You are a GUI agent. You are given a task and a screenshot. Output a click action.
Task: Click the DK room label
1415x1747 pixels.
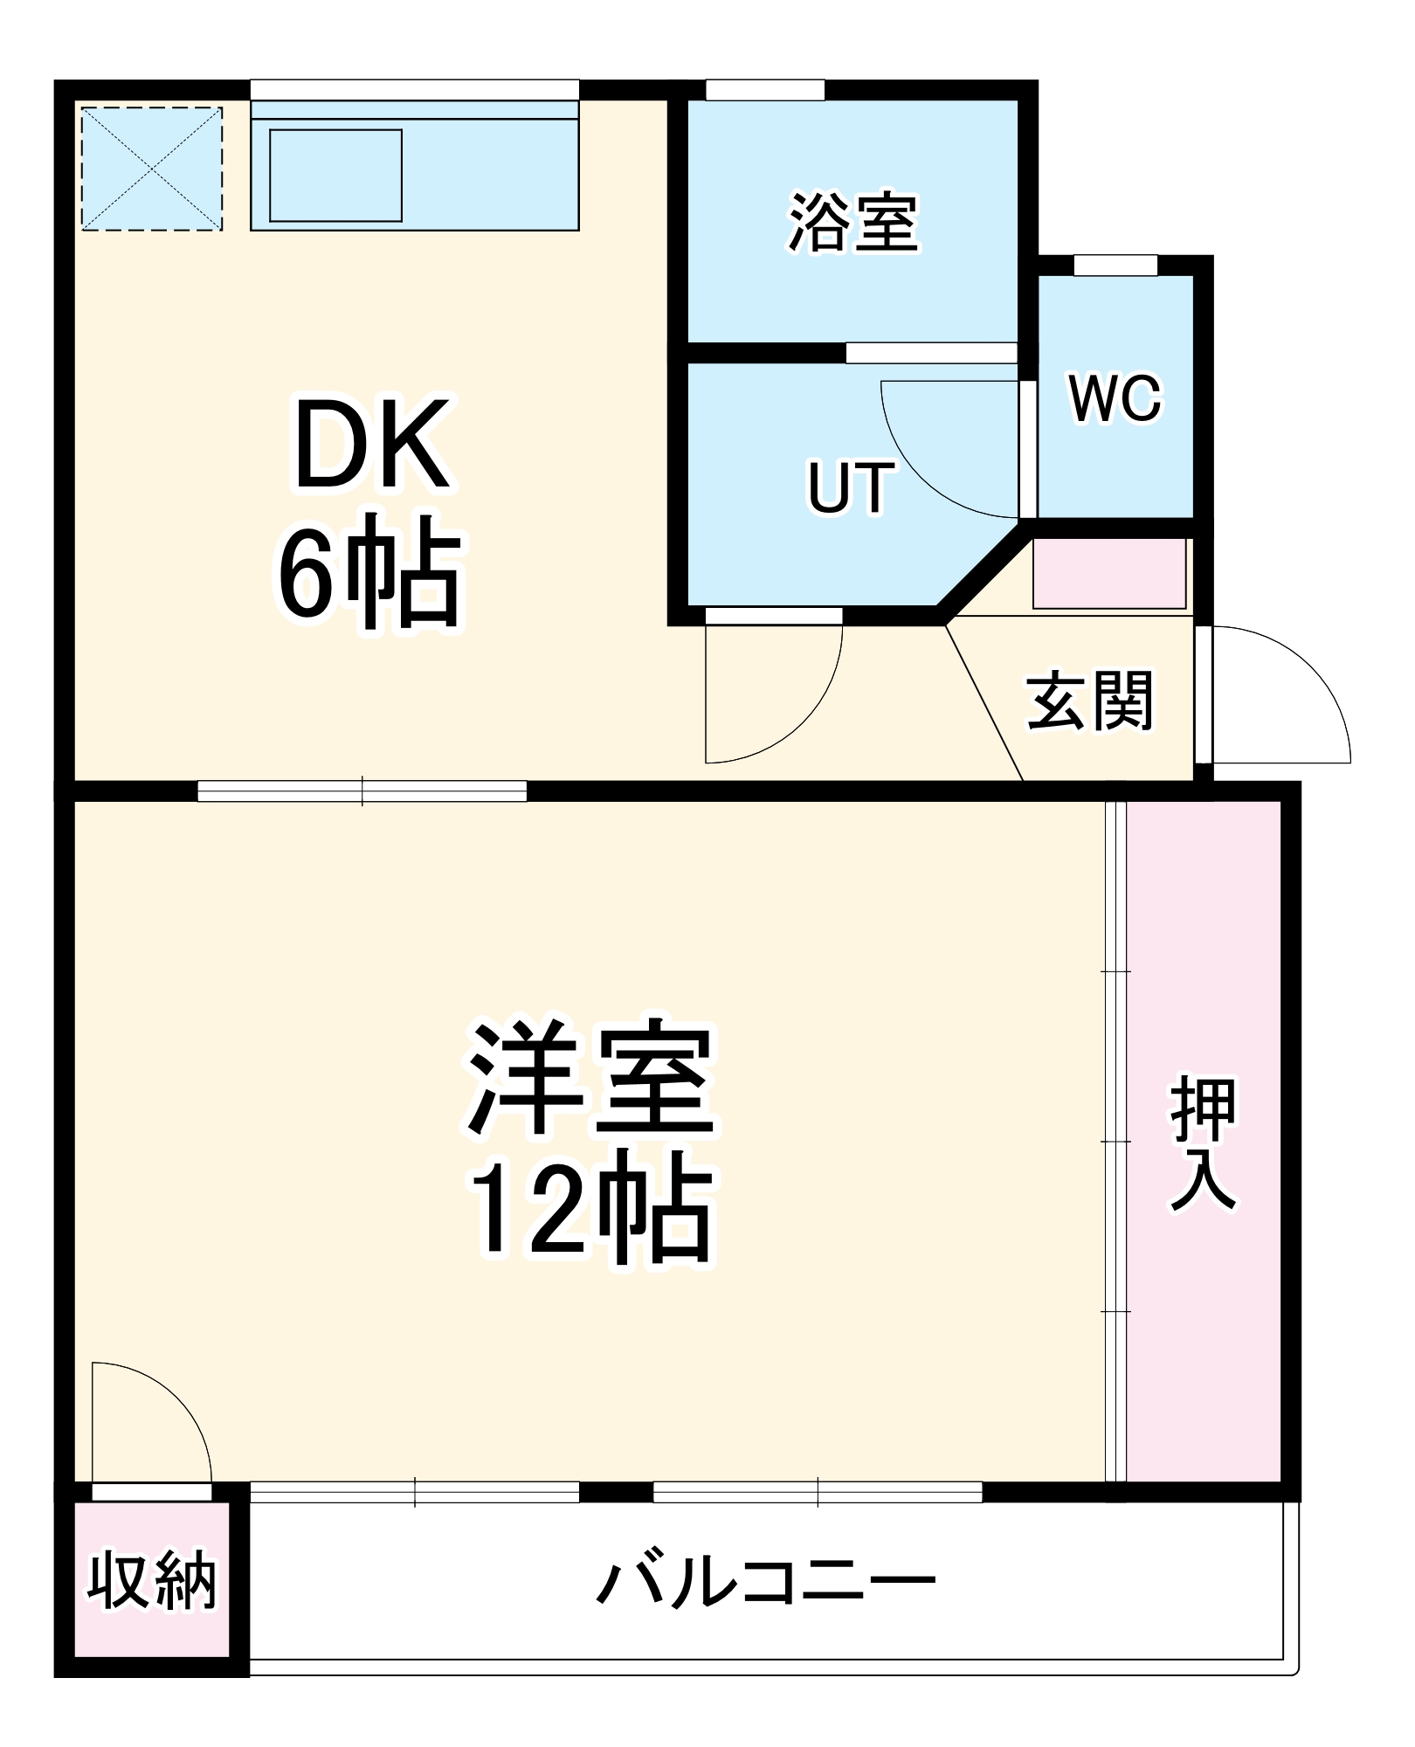click(x=373, y=445)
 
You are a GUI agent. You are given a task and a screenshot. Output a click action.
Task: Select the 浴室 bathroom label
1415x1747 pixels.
click(x=853, y=223)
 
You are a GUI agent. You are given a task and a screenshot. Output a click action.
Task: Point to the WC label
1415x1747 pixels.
click(x=1115, y=399)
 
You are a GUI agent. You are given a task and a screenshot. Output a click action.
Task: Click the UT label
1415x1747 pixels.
click(x=850, y=487)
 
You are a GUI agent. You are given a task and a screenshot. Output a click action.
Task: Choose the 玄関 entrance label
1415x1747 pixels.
click(x=1090, y=701)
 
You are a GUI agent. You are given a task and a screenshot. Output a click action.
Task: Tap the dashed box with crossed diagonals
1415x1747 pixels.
click(x=152, y=169)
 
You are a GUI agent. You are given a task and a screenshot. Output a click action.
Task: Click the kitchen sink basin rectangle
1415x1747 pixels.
click(x=335, y=176)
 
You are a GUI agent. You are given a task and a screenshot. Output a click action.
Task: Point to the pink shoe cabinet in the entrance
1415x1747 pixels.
click(x=1109, y=573)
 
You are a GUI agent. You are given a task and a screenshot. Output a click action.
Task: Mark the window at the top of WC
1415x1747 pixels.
click(x=1115, y=265)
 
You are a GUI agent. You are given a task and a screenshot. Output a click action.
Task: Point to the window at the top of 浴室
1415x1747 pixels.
click(x=765, y=90)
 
